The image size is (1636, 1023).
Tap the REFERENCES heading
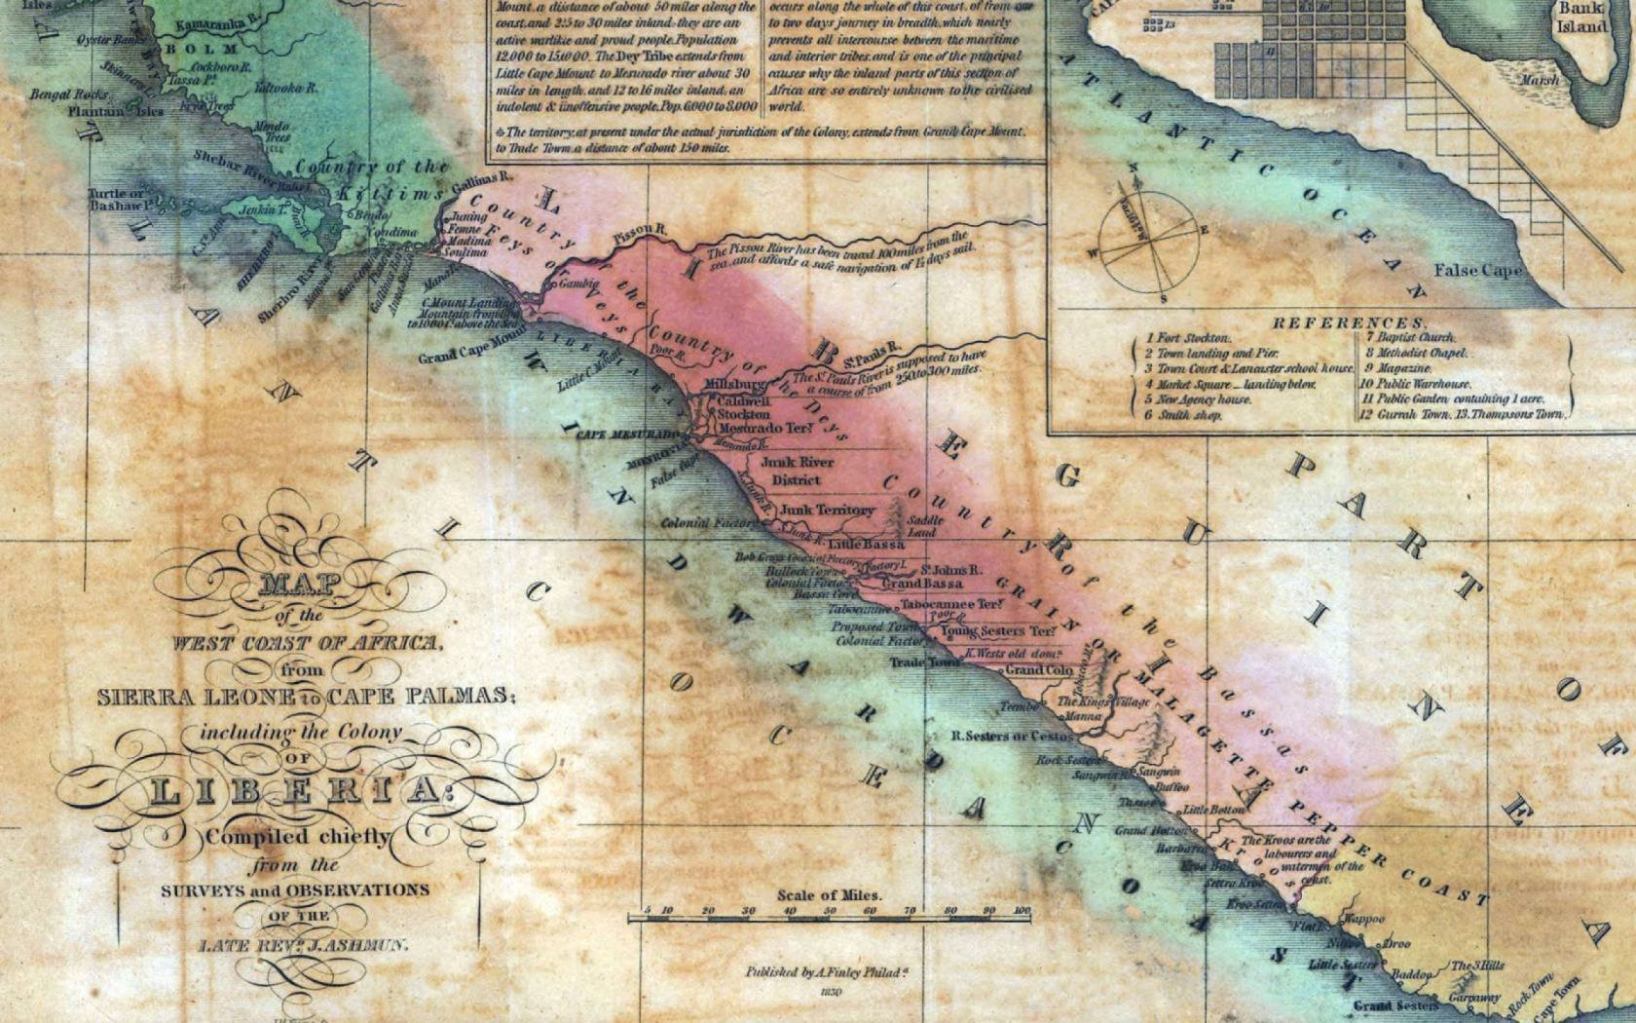[x=1349, y=322]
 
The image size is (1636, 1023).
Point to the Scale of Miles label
[x=829, y=894]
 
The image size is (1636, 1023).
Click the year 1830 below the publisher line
[x=830, y=993]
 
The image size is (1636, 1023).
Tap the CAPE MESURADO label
[x=627, y=435]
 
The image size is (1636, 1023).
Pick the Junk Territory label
[x=827, y=510]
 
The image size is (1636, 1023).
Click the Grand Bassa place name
[x=922, y=584]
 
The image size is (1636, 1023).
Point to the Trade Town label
[x=924, y=663]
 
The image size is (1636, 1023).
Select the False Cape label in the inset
[x=1476, y=270]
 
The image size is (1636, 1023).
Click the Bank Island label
[x=1580, y=18]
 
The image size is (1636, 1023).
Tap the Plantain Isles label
[x=115, y=112]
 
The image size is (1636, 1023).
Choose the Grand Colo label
[x=1039, y=670]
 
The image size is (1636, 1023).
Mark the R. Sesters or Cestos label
[x=1012, y=736]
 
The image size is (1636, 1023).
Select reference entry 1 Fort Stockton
[x=1187, y=338]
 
